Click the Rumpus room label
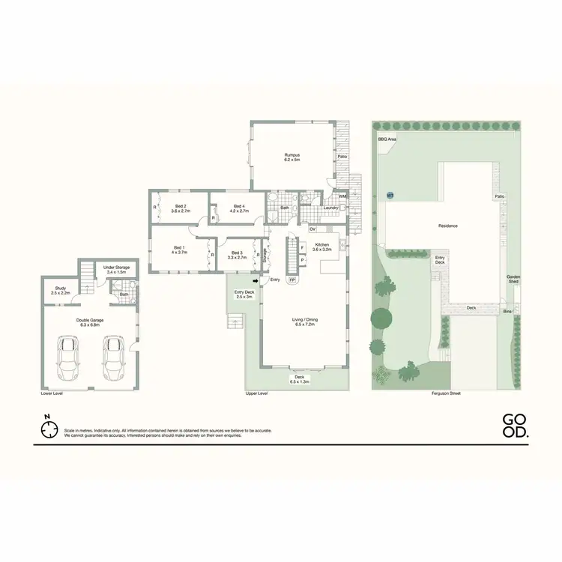(x=291, y=157)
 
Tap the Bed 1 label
(x=179, y=250)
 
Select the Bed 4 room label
(x=239, y=209)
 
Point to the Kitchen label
(x=321, y=247)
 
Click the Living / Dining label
(x=305, y=322)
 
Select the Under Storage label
(x=117, y=269)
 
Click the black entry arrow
(x=256, y=281)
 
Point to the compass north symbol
(x=49, y=429)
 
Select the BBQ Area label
(x=387, y=139)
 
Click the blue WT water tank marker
(x=390, y=196)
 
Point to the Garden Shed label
(x=513, y=279)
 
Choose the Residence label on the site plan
(x=447, y=226)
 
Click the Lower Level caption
(x=52, y=393)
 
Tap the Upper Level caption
(x=257, y=393)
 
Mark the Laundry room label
(x=330, y=208)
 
